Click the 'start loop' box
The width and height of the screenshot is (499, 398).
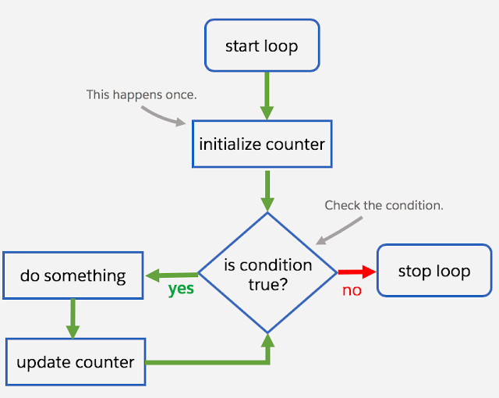tap(261, 46)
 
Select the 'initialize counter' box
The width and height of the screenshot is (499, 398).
tap(261, 144)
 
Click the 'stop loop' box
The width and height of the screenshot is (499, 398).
tap(434, 271)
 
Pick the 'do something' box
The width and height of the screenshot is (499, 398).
tap(73, 275)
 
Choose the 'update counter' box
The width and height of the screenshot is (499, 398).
tap(75, 362)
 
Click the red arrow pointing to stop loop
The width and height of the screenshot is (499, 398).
tap(357, 272)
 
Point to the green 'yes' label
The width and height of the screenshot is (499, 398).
tap(181, 289)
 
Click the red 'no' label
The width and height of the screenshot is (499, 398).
tap(352, 290)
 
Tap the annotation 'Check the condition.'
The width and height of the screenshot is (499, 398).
tap(384, 205)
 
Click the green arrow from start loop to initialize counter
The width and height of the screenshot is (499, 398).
tap(267, 95)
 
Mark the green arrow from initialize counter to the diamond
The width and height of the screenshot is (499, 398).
tap(267, 190)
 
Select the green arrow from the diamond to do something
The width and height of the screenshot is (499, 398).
tap(172, 274)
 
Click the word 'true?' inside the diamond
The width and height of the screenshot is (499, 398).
tap(267, 284)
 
